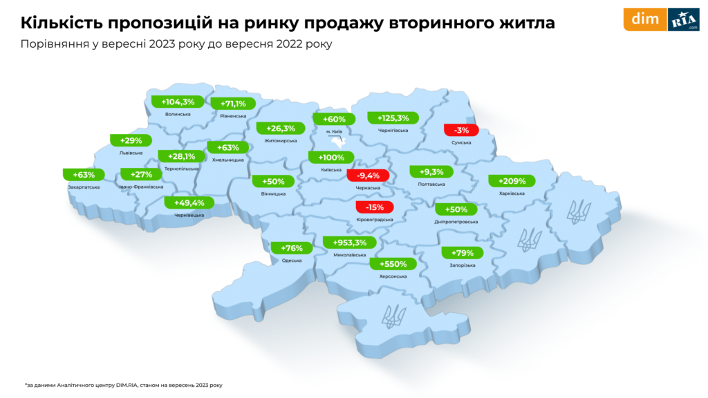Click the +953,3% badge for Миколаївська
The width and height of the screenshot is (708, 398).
[x=349, y=243]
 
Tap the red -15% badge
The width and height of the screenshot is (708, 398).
[x=374, y=207]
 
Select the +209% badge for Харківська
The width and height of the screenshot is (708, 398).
[x=512, y=181]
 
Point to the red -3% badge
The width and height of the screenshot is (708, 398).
[x=461, y=130]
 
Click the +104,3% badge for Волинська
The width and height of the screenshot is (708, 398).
[x=178, y=102]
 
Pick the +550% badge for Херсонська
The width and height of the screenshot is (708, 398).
[x=393, y=263]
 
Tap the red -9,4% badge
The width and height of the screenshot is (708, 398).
[x=368, y=176]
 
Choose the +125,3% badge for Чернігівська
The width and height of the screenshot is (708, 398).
[x=393, y=117]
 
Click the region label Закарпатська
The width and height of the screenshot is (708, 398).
[x=84, y=187]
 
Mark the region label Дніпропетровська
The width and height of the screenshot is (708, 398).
[x=457, y=222]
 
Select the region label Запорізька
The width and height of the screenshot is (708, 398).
[x=461, y=265]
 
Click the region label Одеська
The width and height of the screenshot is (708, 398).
[x=292, y=260]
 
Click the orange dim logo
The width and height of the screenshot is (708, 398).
[x=644, y=19]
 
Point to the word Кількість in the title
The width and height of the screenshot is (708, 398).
[x=58, y=23]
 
